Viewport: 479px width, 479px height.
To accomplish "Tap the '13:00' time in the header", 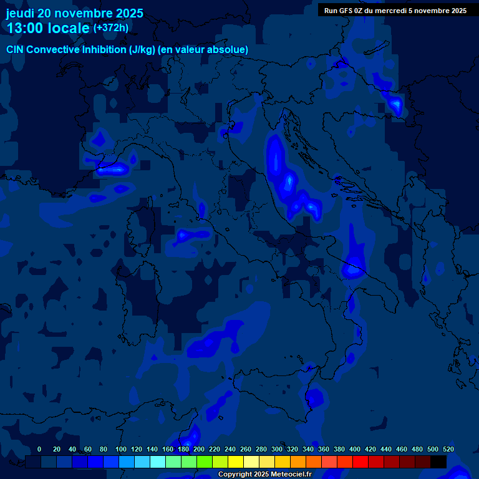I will pos(25,28).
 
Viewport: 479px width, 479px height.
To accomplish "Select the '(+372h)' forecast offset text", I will pos(110,28).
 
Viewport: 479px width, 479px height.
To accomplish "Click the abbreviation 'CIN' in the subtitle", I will pos(16,50).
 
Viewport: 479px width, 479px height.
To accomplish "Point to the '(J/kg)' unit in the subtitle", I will pos(142,50).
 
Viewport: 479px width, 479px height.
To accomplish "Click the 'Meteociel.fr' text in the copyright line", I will pos(288,475).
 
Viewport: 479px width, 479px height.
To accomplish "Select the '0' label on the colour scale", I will pos(39,449).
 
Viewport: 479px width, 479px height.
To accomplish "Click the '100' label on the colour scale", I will pos(120,449).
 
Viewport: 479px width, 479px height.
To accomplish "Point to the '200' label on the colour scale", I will pos(198,449).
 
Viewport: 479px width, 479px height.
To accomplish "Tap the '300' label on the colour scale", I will pos(276,449).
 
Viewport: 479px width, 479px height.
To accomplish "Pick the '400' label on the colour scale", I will pos(354,449).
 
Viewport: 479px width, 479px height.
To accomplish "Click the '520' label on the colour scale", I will pos(448,449).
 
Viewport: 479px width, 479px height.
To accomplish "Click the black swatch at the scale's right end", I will pos(438,462).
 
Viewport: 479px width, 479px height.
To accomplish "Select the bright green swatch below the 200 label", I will pos(205,462).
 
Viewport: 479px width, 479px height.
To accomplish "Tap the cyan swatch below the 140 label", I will pos(158,462).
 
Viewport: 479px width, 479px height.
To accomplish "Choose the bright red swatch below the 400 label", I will pos(360,462).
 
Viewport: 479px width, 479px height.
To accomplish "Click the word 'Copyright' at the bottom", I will pos(236,475).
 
